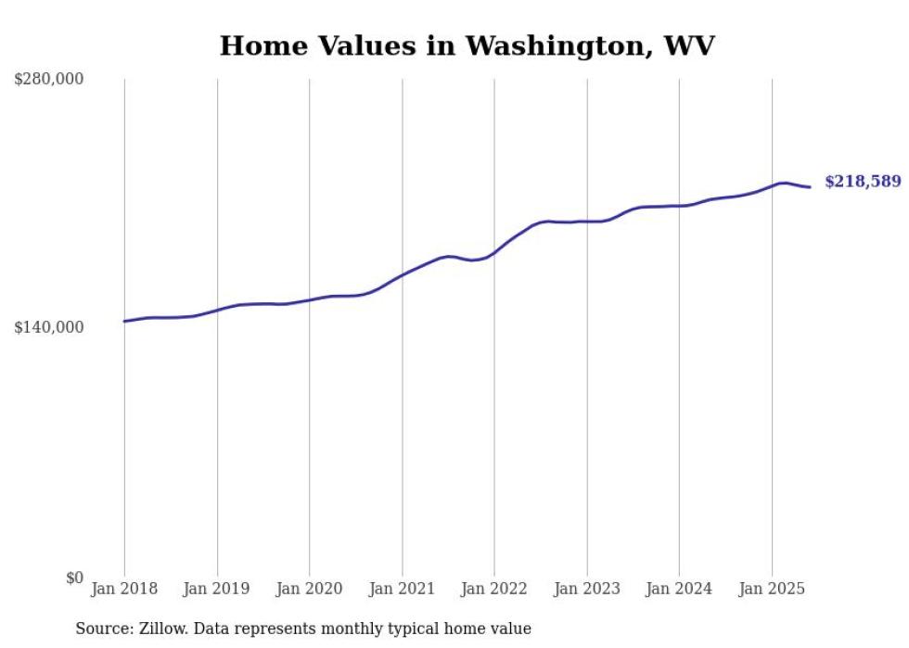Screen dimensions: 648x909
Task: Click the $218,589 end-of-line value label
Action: click(862, 182)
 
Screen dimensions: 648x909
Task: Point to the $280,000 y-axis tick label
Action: click(48, 79)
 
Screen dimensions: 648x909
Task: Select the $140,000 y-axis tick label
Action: click(48, 327)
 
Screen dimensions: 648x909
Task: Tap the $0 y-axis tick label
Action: click(74, 578)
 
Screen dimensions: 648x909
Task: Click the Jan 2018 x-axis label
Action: click(124, 589)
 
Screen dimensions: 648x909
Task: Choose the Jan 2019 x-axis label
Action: click(217, 589)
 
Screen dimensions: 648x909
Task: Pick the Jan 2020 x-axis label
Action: click(309, 589)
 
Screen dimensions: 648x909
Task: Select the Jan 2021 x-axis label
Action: click(402, 589)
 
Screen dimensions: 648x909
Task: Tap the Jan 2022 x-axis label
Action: click(494, 589)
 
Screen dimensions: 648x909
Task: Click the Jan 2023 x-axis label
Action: click(586, 589)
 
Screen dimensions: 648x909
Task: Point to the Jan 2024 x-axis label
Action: click(679, 589)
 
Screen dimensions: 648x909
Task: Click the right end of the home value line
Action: click(810, 187)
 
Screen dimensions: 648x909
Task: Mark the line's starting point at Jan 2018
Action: click(124, 321)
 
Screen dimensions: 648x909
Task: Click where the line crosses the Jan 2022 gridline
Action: click(494, 252)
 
